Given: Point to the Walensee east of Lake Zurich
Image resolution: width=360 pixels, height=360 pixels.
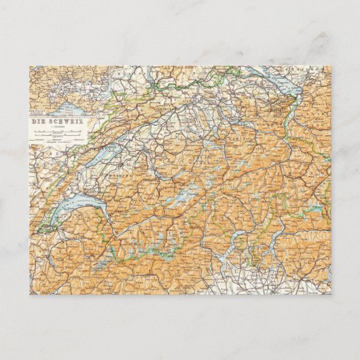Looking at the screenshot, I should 248,130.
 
